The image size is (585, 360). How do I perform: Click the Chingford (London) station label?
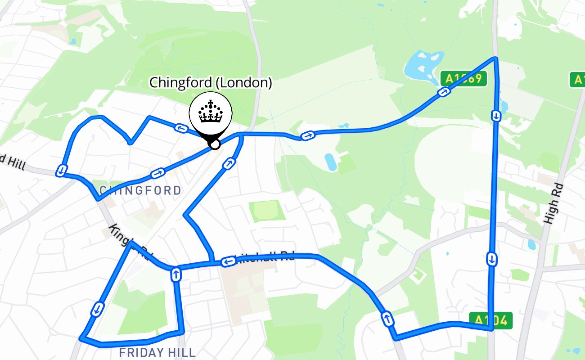point(211,83)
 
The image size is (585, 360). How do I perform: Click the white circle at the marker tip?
point(215,144)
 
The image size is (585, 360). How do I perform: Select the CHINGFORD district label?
point(140,191)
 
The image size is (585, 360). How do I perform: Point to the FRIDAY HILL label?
point(157,352)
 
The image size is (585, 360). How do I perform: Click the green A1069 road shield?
point(463,79)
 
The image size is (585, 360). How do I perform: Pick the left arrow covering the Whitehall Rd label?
point(228,261)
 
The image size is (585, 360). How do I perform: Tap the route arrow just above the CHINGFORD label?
point(157,173)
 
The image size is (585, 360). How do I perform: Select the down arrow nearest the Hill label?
point(61,171)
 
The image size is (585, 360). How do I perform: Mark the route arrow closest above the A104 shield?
point(492,259)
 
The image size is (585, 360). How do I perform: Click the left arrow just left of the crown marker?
point(181,128)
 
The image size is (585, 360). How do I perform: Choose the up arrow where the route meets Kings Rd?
point(175,274)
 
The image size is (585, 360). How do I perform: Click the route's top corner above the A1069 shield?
point(495,58)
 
